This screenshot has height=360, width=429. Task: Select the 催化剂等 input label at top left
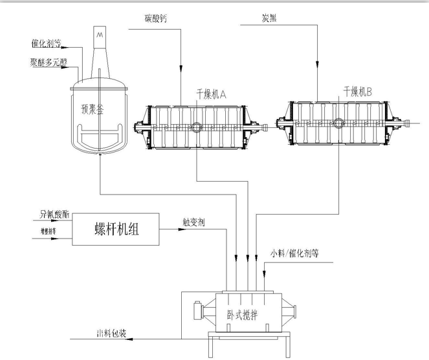coord(46,44)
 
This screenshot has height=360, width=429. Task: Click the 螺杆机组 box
coord(116,229)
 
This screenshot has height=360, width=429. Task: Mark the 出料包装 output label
coord(111,334)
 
